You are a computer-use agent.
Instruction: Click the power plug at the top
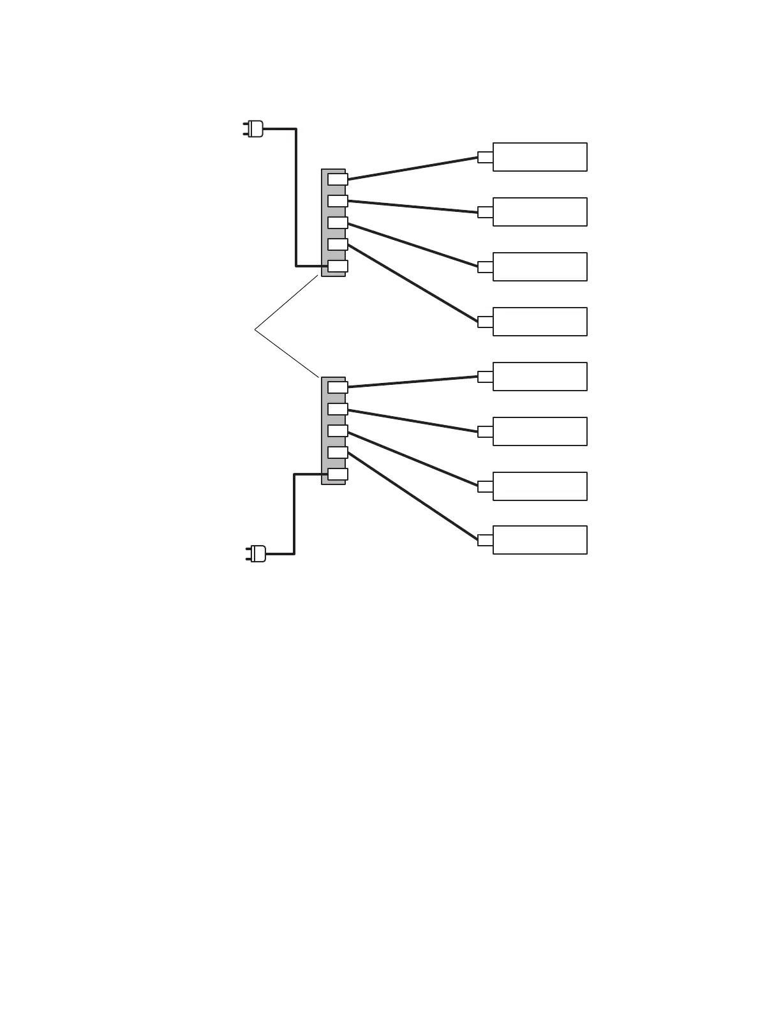click(254, 129)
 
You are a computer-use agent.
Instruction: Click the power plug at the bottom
click(257, 553)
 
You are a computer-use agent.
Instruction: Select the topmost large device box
click(540, 157)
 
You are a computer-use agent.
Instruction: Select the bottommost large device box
click(540, 540)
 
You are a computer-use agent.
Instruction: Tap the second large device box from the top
click(540, 212)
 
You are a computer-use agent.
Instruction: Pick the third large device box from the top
click(540, 267)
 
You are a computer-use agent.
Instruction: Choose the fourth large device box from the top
click(540, 322)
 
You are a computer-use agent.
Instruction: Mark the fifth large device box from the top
click(540, 377)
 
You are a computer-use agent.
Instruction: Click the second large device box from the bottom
click(540, 486)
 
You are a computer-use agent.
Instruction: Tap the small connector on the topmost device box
click(485, 157)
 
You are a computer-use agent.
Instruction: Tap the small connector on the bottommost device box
click(485, 540)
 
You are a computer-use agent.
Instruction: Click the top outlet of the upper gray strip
click(338, 179)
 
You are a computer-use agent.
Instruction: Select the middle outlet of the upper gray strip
click(338, 223)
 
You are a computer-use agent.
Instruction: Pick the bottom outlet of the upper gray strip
click(338, 266)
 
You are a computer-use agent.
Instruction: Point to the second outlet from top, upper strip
click(338, 201)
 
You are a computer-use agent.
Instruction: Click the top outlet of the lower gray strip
click(338, 387)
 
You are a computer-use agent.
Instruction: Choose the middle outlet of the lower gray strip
click(338, 431)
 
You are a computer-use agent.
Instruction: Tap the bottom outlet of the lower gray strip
click(338, 474)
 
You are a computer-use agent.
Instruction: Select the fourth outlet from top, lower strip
click(338, 453)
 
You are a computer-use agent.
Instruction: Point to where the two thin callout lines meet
click(255, 329)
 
